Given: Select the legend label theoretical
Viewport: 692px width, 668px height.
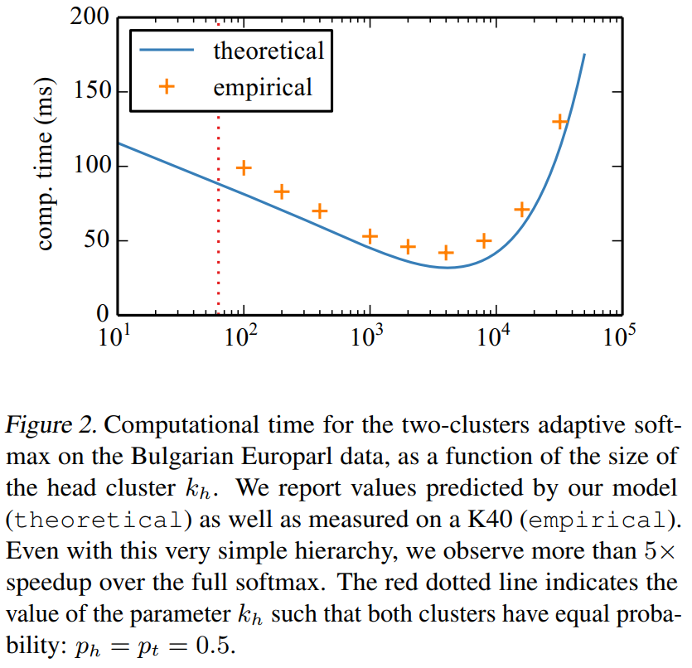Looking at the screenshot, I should pyautogui.click(x=269, y=51).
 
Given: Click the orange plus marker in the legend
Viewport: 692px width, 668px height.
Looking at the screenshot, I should pyautogui.click(x=167, y=86).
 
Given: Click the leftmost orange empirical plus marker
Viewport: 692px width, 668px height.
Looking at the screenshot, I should pyautogui.click(x=244, y=168).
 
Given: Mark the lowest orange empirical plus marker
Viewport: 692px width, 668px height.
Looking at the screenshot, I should pyautogui.click(x=446, y=253).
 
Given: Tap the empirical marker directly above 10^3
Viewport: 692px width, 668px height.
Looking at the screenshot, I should pyautogui.click(x=370, y=236).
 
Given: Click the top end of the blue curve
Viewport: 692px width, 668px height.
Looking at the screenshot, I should pyautogui.click(x=584, y=55).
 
